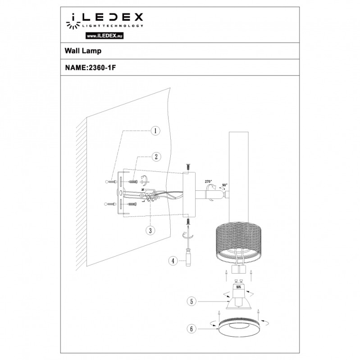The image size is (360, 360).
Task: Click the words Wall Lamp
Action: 81,52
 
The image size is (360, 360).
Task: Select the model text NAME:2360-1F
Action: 88,68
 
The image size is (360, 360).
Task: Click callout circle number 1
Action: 155,131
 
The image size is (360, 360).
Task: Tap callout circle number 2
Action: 155,157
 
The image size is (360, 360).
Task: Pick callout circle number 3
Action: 150,230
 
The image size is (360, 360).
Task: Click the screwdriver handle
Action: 188,261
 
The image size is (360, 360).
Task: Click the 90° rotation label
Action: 224,185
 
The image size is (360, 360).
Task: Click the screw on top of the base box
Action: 187,167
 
